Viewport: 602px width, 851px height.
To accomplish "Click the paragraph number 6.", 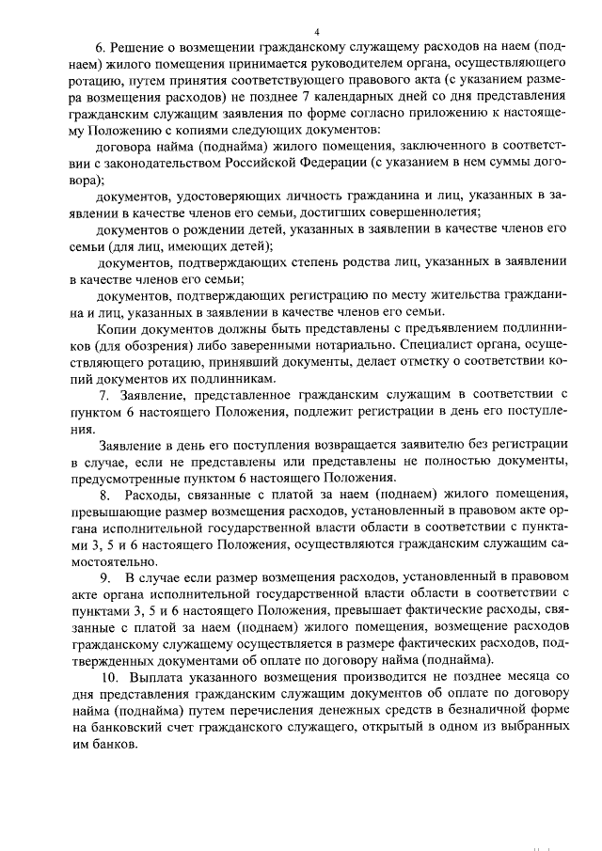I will coord(101,48).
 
